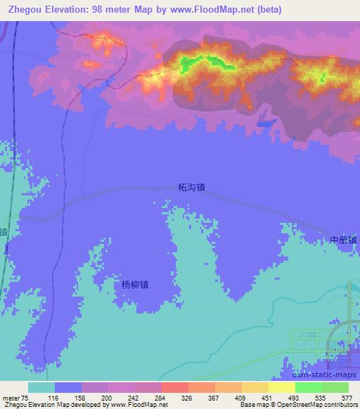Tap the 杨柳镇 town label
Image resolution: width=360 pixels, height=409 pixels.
135,285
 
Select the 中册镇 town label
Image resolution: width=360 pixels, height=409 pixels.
344,240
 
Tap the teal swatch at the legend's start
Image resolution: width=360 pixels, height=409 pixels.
41,387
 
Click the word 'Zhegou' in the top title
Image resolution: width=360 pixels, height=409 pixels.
25,10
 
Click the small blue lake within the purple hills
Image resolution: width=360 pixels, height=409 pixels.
264,123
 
